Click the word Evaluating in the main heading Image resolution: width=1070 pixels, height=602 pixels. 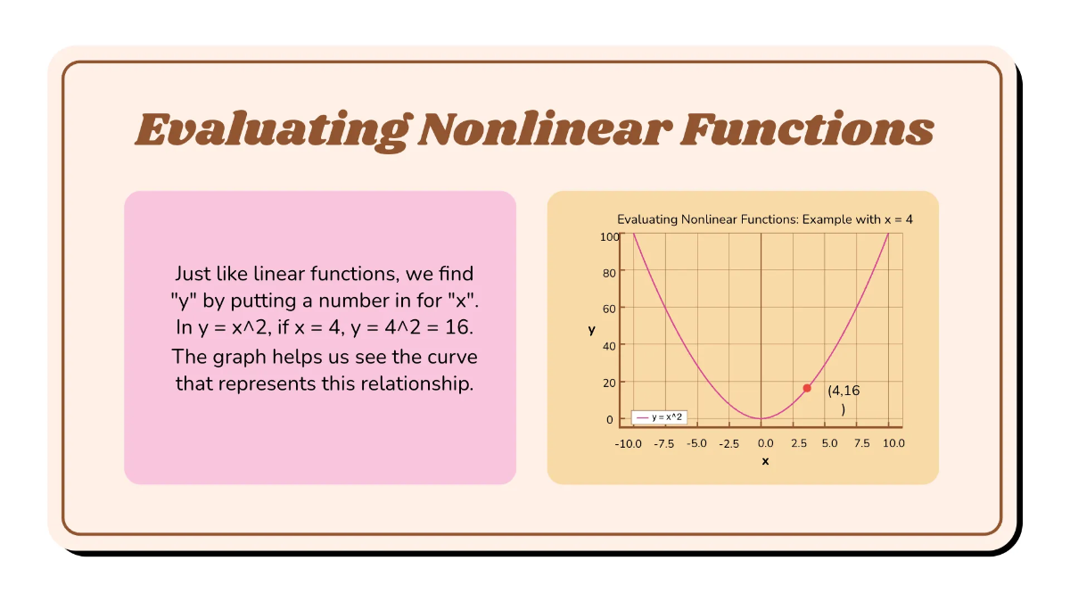(268, 129)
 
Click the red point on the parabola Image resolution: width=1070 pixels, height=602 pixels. (807, 388)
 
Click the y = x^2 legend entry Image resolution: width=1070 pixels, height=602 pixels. (660, 417)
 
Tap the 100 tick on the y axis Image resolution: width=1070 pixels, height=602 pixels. (610, 236)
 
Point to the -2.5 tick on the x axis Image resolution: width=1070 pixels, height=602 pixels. (729, 443)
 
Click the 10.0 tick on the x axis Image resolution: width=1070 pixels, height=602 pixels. (892, 443)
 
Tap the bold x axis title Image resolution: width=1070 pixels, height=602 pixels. (765, 461)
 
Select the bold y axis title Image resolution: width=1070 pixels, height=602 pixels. (591, 330)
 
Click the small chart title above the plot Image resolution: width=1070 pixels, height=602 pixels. (765, 219)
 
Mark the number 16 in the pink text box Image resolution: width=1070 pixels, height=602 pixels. (457, 328)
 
